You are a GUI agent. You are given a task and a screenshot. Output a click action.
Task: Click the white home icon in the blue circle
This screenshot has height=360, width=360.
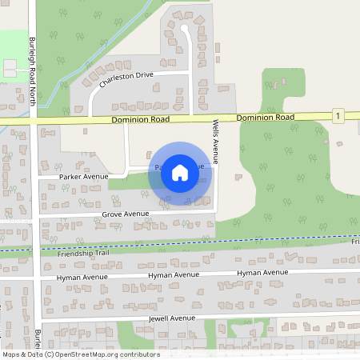point(180,173)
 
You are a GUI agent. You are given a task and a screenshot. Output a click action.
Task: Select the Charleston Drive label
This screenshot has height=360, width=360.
point(126,78)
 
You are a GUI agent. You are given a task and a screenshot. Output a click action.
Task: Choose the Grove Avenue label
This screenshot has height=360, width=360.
point(126,214)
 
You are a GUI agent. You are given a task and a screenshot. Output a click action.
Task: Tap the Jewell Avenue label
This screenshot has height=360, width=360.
point(172,318)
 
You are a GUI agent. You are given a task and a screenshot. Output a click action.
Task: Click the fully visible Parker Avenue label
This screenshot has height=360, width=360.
point(84,176)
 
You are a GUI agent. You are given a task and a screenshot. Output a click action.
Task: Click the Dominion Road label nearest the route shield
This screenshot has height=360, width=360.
point(266,118)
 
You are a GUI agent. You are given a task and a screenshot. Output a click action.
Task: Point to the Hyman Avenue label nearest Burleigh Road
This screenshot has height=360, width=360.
point(82,278)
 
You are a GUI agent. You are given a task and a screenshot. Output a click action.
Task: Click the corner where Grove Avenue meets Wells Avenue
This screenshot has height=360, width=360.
point(217,211)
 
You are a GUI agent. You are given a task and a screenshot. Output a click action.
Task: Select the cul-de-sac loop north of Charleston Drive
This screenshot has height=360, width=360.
point(184,30)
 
